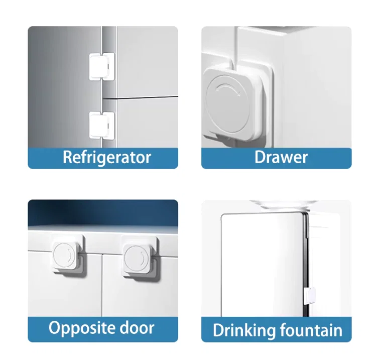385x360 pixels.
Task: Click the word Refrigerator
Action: [x=107, y=158]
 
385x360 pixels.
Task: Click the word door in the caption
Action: [x=137, y=327]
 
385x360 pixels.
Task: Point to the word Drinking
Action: [x=244, y=330]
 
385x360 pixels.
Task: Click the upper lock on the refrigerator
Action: [x=102, y=67]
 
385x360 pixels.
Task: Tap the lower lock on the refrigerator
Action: [x=102, y=126]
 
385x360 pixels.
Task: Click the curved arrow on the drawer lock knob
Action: [x=227, y=89]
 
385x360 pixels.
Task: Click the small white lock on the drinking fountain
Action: [x=309, y=296]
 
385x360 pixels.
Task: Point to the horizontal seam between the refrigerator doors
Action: [x=141, y=98]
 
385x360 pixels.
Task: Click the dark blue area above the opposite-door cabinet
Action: [x=103, y=212]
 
